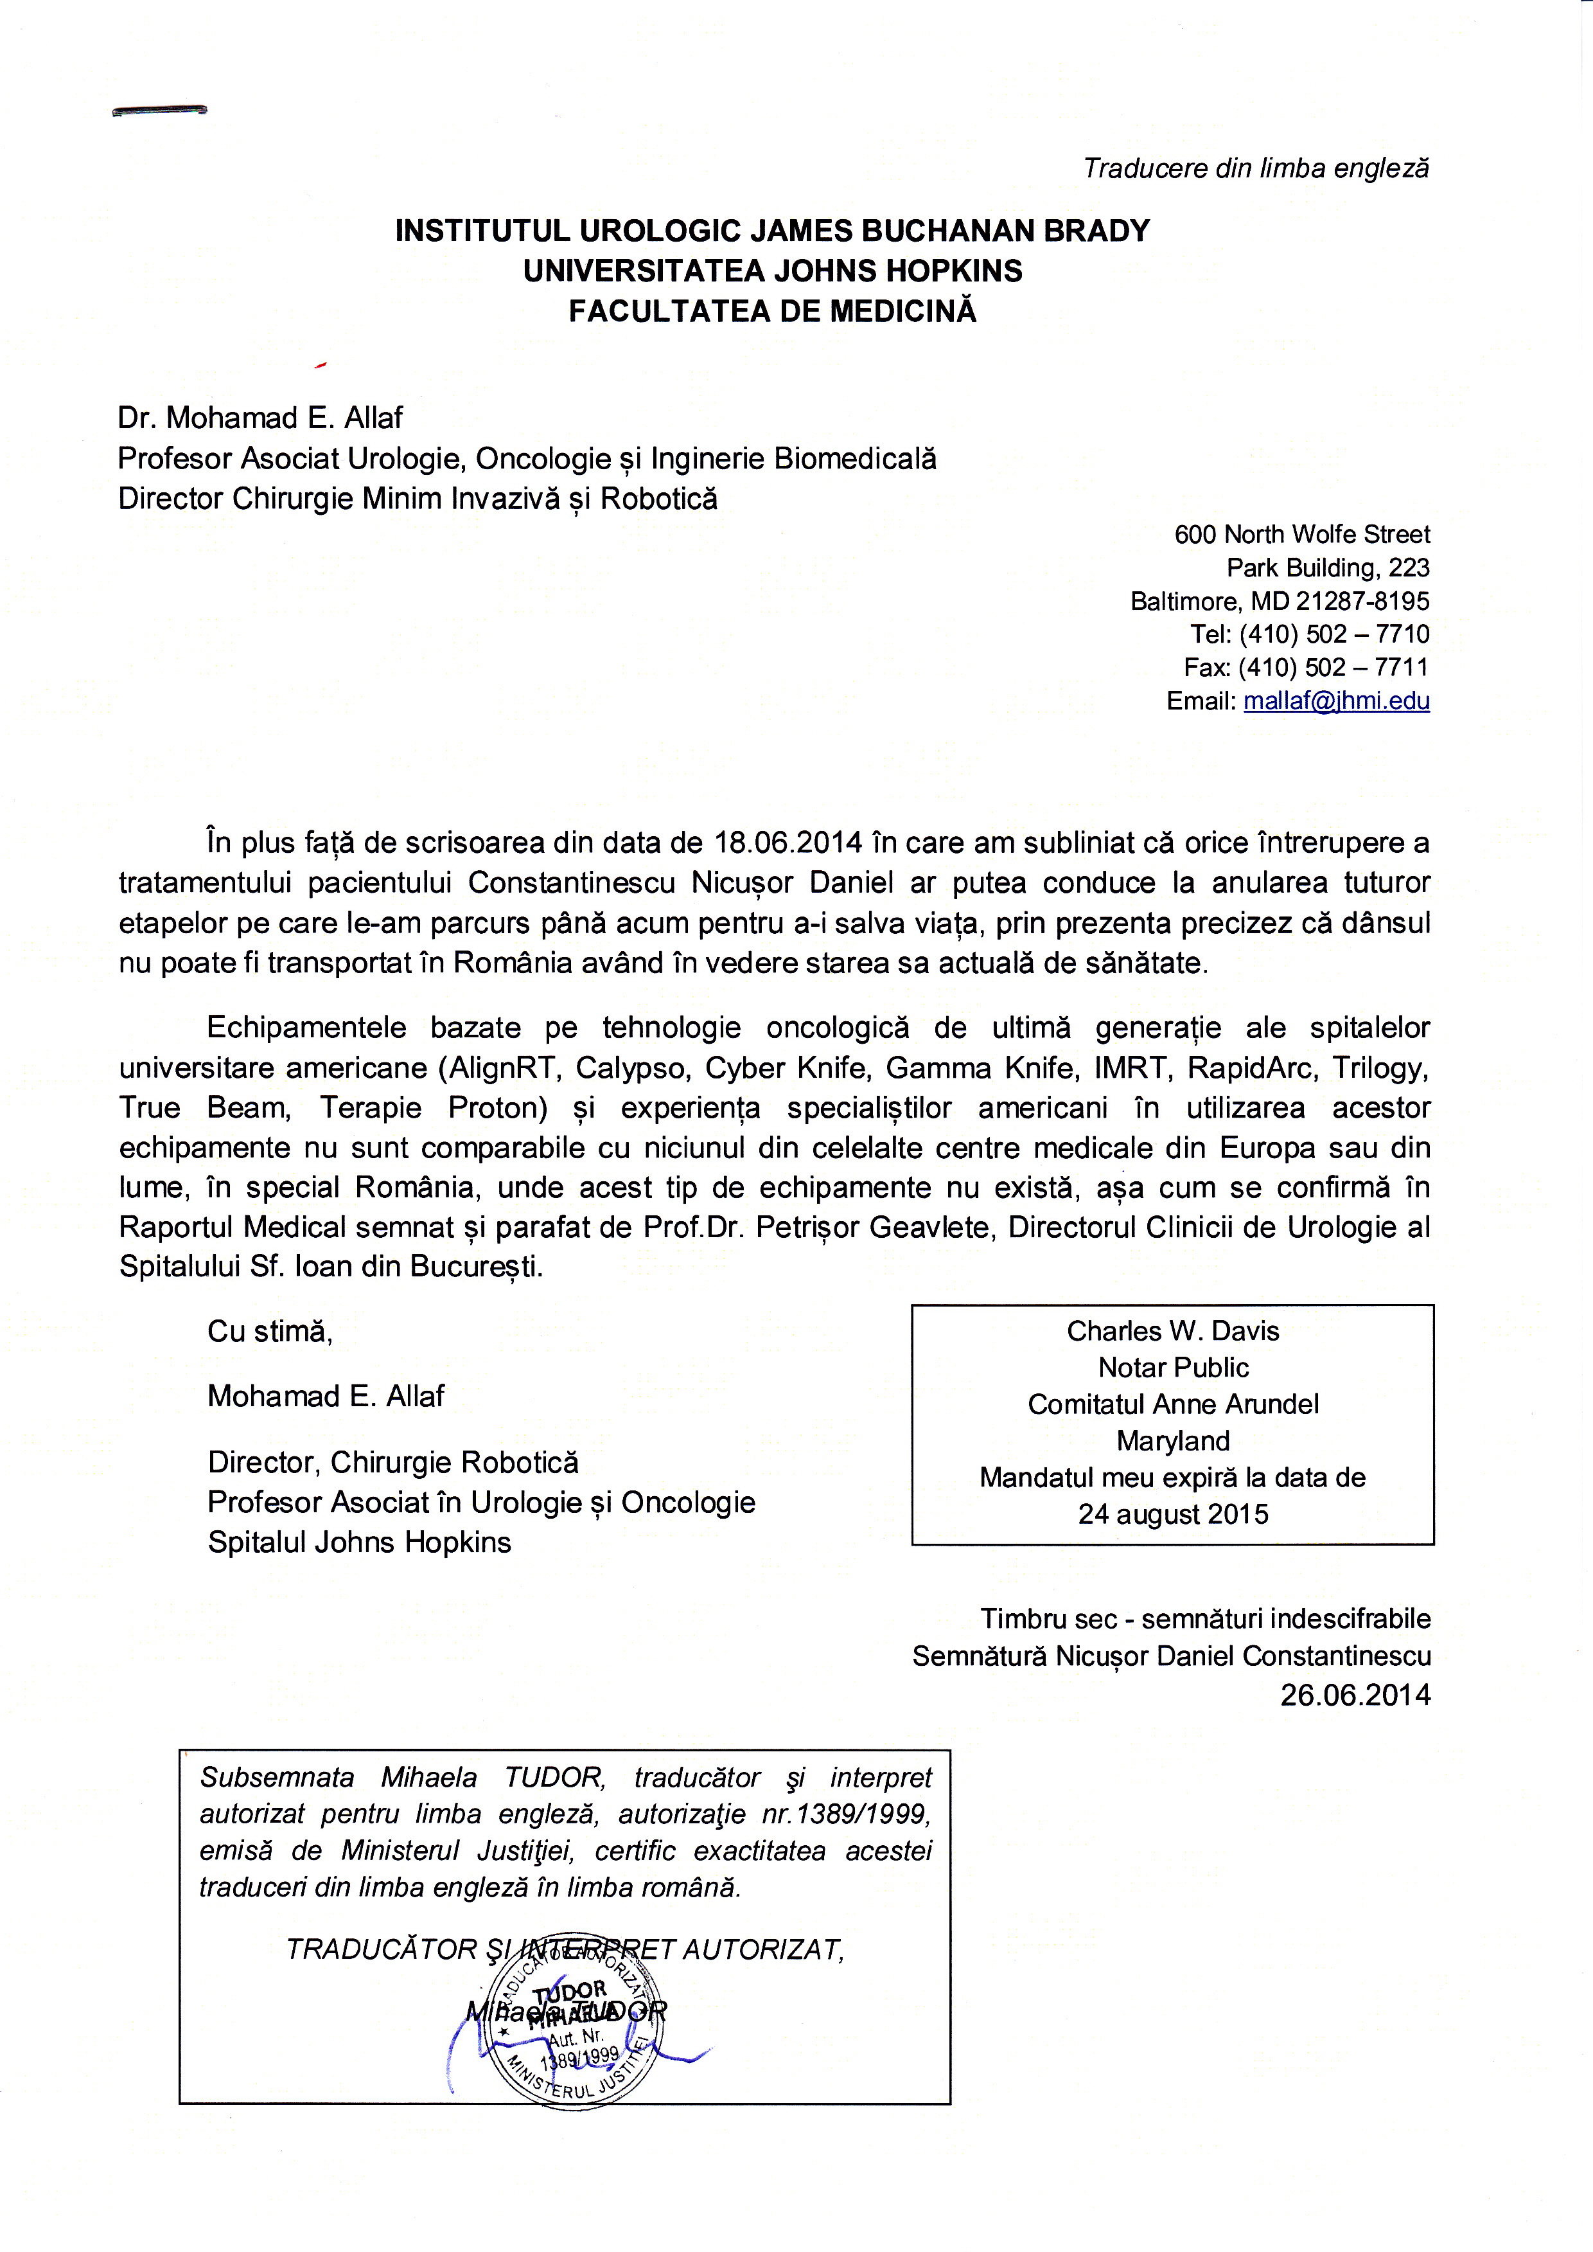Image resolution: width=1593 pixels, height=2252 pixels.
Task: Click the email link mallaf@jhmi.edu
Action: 1336,701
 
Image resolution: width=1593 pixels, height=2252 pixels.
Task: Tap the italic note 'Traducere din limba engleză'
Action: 1256,168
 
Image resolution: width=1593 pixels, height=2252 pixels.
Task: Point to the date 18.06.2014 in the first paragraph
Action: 789,843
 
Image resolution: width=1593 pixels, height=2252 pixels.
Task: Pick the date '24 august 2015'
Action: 1173,1514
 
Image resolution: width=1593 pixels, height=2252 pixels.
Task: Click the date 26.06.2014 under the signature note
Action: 1355,1695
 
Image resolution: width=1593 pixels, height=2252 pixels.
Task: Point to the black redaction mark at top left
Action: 160,111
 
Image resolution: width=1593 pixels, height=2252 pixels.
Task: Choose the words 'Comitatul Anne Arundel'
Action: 1173,1404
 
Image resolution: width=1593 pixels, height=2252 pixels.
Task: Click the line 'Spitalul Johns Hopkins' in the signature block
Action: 359,1542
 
